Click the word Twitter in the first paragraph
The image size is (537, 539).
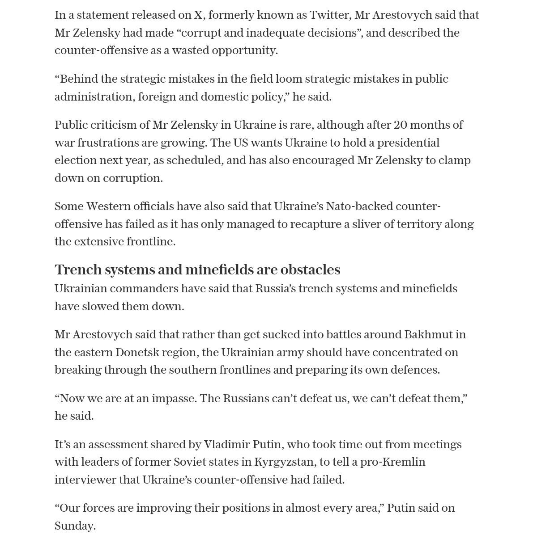click(x=330, y=15)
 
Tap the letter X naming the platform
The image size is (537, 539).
click(x=198, y=15)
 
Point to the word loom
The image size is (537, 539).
click(x=289, y=79)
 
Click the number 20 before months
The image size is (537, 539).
click(x=401, y=125)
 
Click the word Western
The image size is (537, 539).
click(x=107, y=206)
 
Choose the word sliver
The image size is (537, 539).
click(x=366, y=224)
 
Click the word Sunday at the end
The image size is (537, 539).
click(x=75, y=526)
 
